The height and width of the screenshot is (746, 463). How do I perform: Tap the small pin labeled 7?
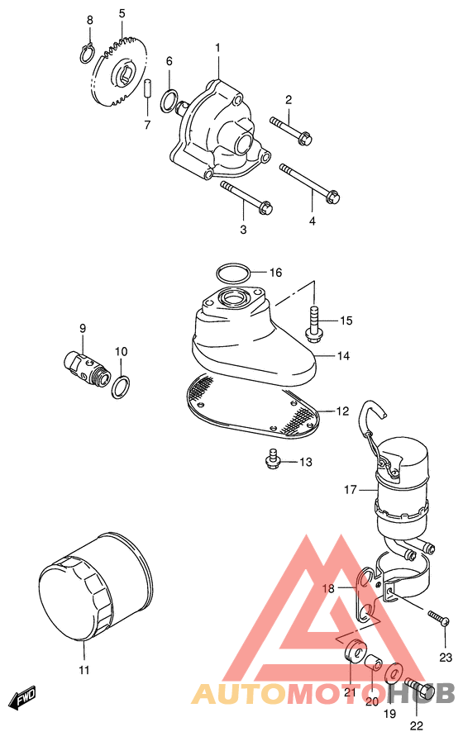[x=147, y=88]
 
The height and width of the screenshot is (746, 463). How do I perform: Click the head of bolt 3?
[x=265, y=207]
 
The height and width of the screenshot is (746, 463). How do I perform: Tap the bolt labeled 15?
[x=313, y=325]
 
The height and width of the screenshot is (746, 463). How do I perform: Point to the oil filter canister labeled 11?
[x=95, y=587]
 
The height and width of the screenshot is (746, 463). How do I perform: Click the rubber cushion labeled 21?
[x=355, y=650]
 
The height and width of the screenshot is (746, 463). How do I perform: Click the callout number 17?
[x=350, y=490]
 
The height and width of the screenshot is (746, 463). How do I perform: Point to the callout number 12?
[x=342, y=411]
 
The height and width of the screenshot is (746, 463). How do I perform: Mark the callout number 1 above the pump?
[x=217, y=48]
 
